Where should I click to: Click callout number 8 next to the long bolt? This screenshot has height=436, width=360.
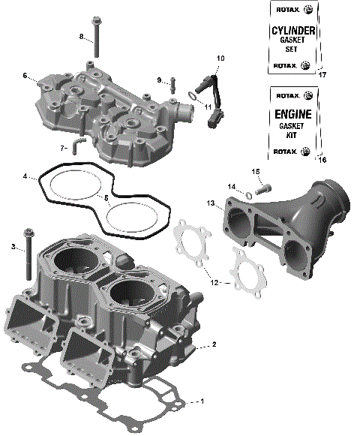pos(81,36)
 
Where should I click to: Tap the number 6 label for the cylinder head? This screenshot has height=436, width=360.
pos(25,75)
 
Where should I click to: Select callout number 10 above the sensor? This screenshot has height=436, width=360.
pos(220,58)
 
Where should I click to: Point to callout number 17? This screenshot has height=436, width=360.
pos(323,75)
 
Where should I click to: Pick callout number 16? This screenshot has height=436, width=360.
pos(323,160)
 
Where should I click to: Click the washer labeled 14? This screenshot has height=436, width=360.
pos(247,196)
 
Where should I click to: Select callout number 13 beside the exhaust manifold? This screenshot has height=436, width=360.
pos(211,203)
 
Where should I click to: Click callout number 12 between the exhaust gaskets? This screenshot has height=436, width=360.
pos(215,283)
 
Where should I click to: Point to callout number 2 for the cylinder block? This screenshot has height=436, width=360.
pos(214,344)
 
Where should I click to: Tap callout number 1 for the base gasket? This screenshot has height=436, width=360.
pos(200,401)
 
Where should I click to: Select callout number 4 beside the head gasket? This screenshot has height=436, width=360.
pos(25,177)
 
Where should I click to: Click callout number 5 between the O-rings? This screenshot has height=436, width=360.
pos(106,198)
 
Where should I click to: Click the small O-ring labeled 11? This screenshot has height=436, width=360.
pos(193,95)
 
